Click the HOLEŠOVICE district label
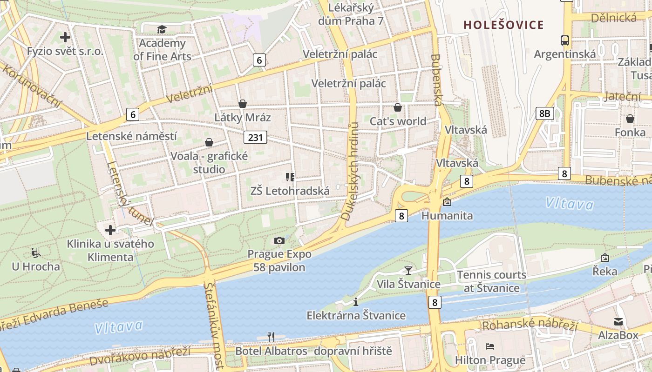(503, 25)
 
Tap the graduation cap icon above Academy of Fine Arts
(162, 30)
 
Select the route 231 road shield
(255, 137)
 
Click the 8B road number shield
(544, 113)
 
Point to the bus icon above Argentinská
(565, 40)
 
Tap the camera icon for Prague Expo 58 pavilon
(279, 240)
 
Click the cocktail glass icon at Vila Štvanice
(408, 270)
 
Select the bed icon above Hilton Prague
(490, 346)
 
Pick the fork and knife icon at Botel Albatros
(271, 337)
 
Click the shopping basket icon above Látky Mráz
(243, 104)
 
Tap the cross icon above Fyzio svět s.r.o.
(65, 37)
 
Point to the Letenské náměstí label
(132, 136)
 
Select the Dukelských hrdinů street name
(350, 171)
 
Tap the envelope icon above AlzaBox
(618, 321)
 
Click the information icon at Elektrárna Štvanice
(356, 302)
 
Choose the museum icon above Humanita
(447, 202)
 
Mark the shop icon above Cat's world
(398, 107)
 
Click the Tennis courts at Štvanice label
(492, 281)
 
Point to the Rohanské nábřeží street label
(530, 325)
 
